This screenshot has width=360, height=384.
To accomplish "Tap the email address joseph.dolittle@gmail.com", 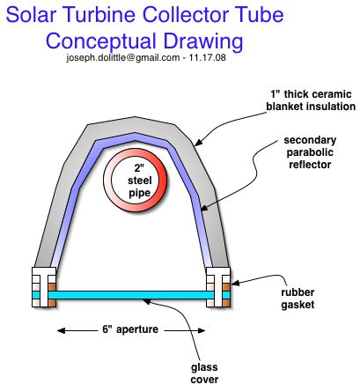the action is [x=123, y=57].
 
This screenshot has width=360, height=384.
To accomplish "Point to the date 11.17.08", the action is [x=208, y=57].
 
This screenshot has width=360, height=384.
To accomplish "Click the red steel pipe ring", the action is [x=160, y=181].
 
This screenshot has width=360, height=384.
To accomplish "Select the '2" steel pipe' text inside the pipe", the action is [x=139, y=181].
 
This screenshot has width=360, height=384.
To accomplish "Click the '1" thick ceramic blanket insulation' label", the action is [x=311, y=100].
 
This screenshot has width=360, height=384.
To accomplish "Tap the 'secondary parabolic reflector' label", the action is [x=310, y=152].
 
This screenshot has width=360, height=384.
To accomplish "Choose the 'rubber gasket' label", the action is [x=298, y=299].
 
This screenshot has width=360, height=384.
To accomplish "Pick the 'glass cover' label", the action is [x=204, y=373].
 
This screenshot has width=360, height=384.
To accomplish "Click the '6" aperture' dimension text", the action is [x=130, y=329].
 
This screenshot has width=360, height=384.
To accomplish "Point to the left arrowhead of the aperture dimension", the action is [x=62, y=331].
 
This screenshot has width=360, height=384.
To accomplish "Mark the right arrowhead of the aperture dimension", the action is [x=202, y=331].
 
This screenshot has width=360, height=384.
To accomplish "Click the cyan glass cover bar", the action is [x=131, y=295].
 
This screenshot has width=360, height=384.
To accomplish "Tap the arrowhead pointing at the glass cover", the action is [x=146, y=301].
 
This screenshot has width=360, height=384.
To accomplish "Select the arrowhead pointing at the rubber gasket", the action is [x=236, y=284].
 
